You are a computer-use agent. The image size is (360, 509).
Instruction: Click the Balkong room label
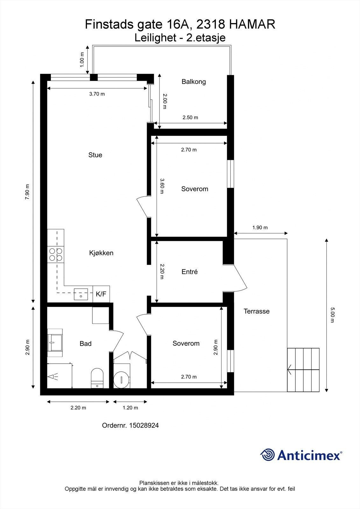[194, 82]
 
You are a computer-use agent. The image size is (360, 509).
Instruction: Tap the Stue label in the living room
[95, 155]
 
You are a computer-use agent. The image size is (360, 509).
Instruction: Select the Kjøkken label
[101, 253]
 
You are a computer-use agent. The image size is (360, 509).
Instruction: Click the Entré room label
[189, 272]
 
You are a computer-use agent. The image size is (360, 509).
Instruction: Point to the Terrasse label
[257, 311]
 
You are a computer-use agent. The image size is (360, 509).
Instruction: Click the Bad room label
[85, 344]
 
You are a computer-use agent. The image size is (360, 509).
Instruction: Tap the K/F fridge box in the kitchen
[101, 294]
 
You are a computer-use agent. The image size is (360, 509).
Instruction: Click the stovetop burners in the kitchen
[55, 254]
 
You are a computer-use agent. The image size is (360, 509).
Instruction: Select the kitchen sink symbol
[81, 294]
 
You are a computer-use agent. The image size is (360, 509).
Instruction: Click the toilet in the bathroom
[97, 378]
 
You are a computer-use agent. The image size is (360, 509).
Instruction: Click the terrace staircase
[303, 370]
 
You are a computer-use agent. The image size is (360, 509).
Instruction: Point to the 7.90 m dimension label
[27, 192]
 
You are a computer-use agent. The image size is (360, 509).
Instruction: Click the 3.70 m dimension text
[97, 94]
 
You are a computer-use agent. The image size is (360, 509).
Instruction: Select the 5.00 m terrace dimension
[332, 315]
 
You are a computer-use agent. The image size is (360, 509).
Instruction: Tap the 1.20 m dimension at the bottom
[130, 408]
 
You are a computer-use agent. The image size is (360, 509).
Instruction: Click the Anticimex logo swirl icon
[267, 455]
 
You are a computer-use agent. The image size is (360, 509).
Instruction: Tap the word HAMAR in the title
[252, 24]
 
